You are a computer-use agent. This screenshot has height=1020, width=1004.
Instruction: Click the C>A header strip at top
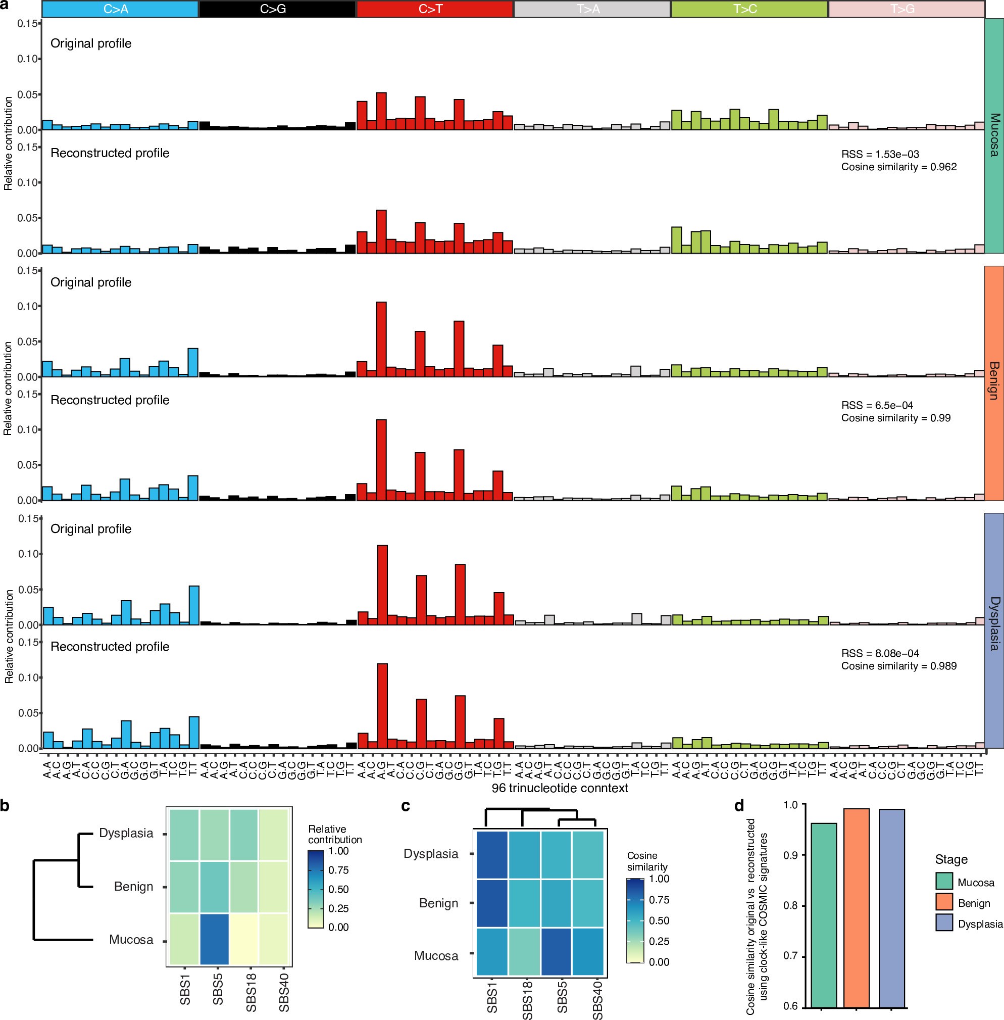[x=120, y=9]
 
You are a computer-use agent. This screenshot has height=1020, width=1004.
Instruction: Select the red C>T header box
[x=434, y=9]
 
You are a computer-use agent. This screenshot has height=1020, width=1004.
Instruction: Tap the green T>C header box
[x=749, y=9]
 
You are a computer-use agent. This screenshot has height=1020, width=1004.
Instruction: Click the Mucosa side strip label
[x=994, y=135]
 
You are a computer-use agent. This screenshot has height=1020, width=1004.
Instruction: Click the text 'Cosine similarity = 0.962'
[x=898, y=167]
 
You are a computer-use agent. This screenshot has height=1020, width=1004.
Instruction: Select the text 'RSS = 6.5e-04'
[x=877, y=405]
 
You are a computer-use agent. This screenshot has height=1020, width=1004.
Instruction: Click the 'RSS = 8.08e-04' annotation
[x=880, y=653]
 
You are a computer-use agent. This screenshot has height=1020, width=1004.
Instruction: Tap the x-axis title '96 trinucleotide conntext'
[x=560, y=788]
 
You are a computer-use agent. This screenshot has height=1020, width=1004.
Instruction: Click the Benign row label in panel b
[x=133, y=887]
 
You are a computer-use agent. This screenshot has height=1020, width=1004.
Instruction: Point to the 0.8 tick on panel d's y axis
[x=791, y=906]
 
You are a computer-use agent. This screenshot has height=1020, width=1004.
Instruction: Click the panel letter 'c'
[x=406, y=806]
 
